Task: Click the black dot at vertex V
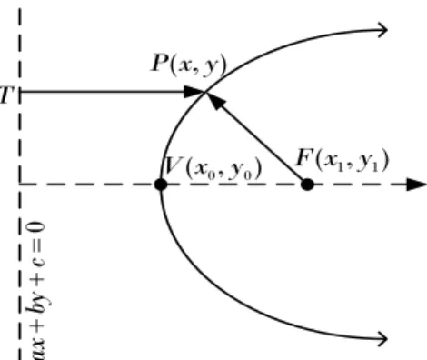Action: (161, 185)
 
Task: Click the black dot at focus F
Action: (307, 185)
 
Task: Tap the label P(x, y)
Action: (189, 65)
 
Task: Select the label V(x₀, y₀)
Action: (213, 168)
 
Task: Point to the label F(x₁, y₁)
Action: (343, 160)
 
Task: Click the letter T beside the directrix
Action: (6, 95)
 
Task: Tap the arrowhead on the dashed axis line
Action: (416, 185)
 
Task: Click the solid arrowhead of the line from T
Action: (194, 92)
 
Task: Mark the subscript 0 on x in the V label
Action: (211, 175)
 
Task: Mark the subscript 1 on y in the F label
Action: (375, 166)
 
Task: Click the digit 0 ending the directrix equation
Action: (37, 231)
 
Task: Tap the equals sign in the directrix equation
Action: (37, 248)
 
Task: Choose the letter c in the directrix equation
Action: (38, 263)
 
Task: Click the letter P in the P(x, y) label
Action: (160, 63)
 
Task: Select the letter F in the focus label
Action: (305, 157)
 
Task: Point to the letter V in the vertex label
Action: (173, 165)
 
